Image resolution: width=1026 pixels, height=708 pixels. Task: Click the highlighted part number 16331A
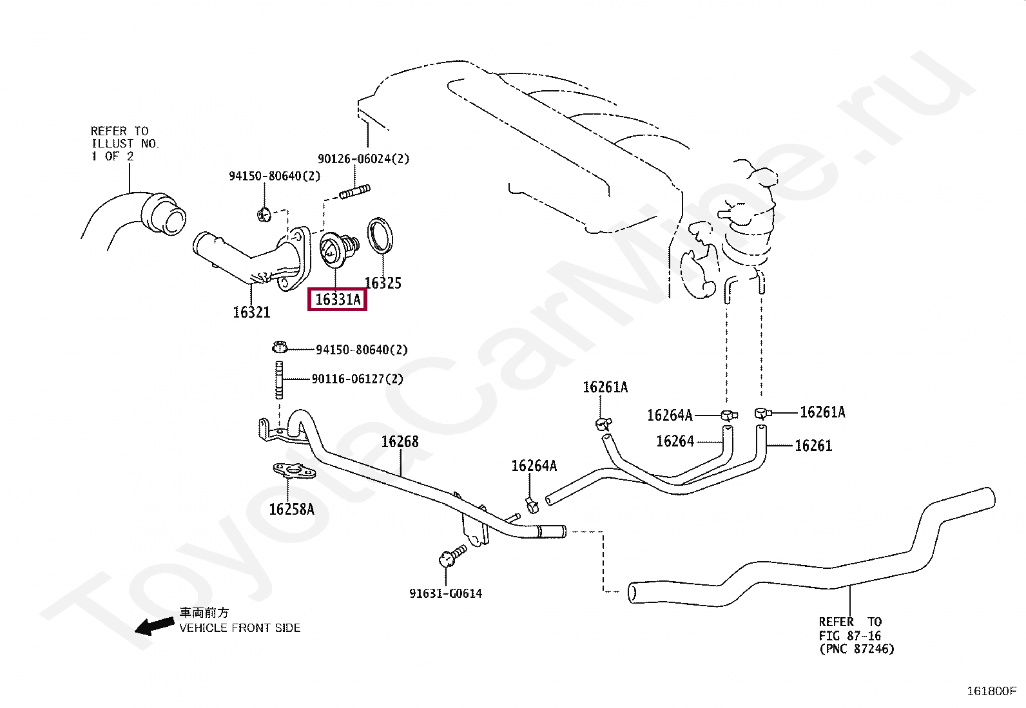click(x=338, y=300)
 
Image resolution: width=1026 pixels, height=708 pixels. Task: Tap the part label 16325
click(x=383, y=283)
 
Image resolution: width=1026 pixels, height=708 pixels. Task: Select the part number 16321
click(x=251, y=312)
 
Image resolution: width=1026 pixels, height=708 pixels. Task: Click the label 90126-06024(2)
click(x=363, y=159)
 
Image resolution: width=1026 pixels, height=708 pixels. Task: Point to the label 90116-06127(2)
click(x=358, y=379)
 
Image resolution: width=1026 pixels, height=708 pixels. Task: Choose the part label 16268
click(x=400, y=442)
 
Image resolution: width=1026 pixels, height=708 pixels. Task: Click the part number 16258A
click(x=291, y=510)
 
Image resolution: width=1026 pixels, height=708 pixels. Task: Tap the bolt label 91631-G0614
click(x=445, y=594)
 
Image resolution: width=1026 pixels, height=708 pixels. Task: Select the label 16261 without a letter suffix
click(x=813, y=446)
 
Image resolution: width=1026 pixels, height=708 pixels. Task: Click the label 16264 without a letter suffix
click(x=675, y=441)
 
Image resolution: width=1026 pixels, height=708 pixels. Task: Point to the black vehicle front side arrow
click(x=154, y=626)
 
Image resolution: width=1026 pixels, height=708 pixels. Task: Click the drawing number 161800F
click(x=991, y=691)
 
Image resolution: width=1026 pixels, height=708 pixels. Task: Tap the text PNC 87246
click(x=857, y=649)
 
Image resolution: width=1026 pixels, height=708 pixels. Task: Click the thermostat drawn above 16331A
click(x=337, y=249)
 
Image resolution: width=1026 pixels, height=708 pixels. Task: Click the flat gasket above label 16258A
click(x=294, y=472)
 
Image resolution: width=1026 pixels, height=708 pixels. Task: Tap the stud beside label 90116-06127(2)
click(x=279, y=380)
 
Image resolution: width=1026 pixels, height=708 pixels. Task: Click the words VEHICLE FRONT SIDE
click(x=240, y=628)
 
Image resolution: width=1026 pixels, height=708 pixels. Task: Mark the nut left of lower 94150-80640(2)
click(x=279, y=348)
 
